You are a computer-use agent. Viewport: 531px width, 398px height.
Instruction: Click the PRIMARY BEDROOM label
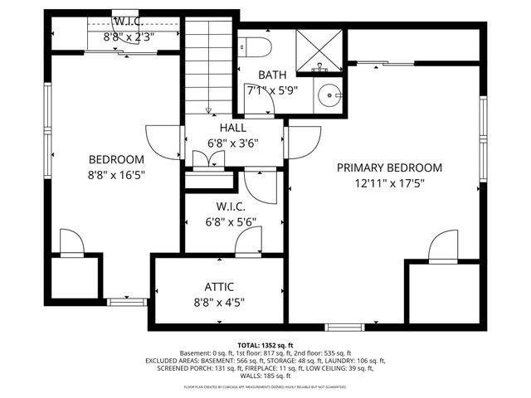pos(389,167)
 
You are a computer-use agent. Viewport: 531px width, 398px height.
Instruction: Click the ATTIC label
pos(219,287)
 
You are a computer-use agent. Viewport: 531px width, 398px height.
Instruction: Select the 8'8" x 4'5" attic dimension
pos(219,302)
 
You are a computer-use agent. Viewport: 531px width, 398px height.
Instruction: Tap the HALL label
pos(233,128)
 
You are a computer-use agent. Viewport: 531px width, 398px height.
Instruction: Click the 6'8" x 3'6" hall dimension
pos(233,142)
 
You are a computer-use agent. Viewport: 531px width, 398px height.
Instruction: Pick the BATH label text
pos(272,74)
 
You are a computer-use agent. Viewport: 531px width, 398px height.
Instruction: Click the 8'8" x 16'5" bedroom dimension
pos(116,174)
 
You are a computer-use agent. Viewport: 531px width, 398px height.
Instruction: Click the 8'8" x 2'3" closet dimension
pos(128,37)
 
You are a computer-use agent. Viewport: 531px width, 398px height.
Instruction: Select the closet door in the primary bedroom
pos(441,246)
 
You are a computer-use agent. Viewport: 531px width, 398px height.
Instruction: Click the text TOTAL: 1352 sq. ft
pos(265,345)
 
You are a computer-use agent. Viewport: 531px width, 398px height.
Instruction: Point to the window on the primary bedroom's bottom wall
pos(343,327)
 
